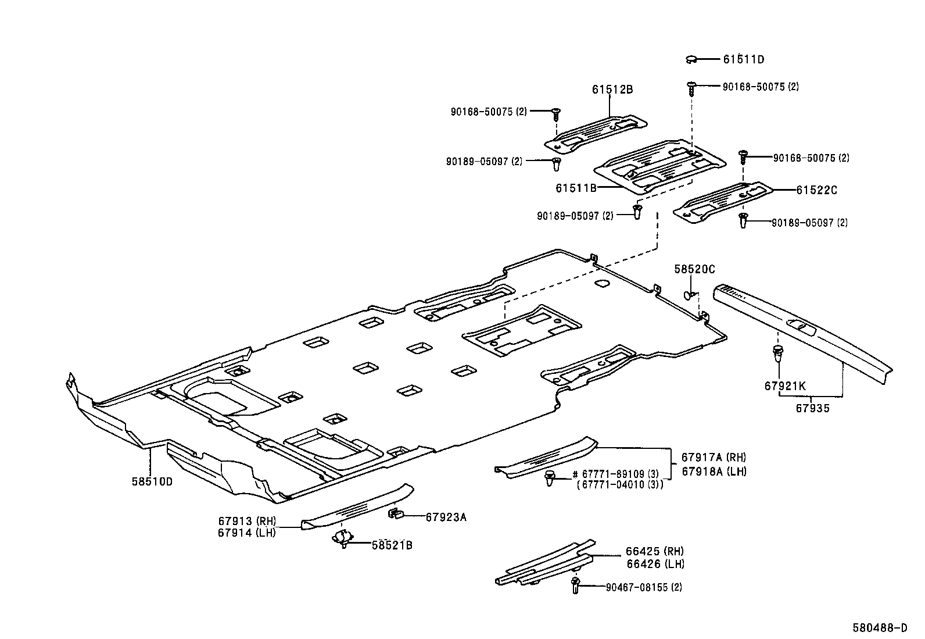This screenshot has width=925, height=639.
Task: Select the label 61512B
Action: (612, 90)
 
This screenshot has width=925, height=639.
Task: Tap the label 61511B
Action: (576, 188)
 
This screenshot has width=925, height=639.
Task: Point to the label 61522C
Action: (816, 190)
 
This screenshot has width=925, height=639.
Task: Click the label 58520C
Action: (694, 269)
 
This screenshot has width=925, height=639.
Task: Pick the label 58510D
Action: (152, 481)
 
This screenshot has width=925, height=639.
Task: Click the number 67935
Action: (812, 409)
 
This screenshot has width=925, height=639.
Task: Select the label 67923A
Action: (446, 516)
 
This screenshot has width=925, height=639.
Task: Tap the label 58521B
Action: (392, 545)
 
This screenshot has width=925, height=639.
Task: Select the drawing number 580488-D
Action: (880, 628)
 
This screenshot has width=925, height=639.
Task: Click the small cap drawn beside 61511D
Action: (691, 59)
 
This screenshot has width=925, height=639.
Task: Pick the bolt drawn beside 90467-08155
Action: (575, 584)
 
